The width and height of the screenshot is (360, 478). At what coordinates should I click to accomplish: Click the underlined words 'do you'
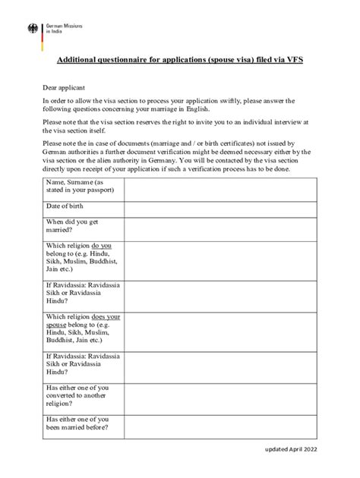[102, 246]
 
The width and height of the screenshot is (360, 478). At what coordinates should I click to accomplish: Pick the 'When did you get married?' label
[72, 225]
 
